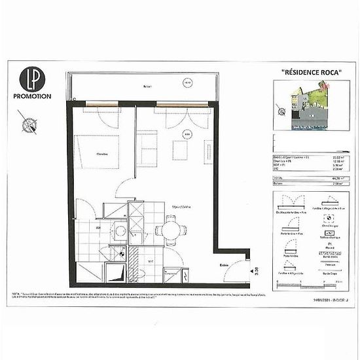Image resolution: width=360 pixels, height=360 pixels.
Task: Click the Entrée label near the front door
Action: point(223,264)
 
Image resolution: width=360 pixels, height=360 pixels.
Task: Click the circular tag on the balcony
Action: point(187,83)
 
